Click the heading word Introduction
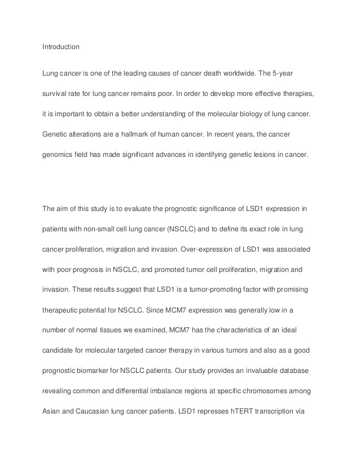[x=61, y=47]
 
